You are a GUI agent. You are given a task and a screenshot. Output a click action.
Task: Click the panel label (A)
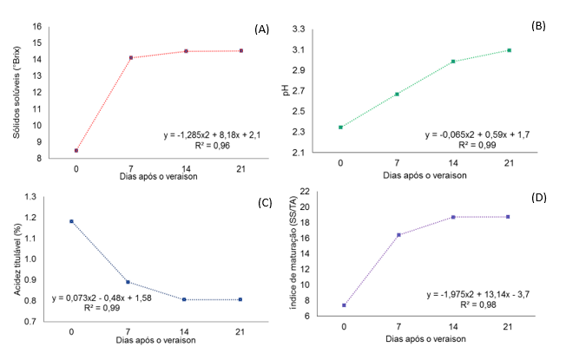[262, 29]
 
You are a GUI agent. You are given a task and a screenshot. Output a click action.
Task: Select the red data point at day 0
[76, 150]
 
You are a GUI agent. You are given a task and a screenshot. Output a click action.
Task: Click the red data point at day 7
[131, 58]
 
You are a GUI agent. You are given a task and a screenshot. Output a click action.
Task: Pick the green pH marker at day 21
[510, 50]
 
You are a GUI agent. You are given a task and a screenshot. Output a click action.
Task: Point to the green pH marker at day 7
[397, 94]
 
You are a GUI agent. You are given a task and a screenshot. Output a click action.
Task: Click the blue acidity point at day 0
[71, 221]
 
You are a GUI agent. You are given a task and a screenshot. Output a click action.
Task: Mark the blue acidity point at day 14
[182, 299]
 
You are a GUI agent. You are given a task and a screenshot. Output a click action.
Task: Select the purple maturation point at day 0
[345, 305]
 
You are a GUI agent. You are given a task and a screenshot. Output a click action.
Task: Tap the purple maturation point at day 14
[454, 217]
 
